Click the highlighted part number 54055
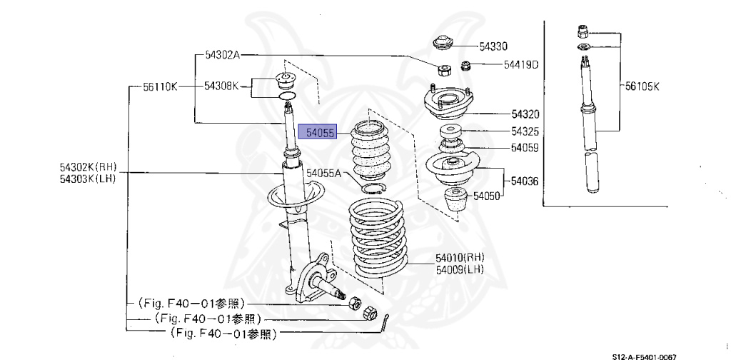[x=318, y=133]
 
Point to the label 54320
[x=525, y=114]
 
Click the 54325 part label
[x=525, y=132]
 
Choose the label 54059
[x=525, y=149]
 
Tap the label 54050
[x=489, y=195]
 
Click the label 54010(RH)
[x=460, y=257]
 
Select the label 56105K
[x=643, y=86]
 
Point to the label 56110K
[x=159, y=86]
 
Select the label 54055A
[x=325, y=173]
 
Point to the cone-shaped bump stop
[x=455, y=202]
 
